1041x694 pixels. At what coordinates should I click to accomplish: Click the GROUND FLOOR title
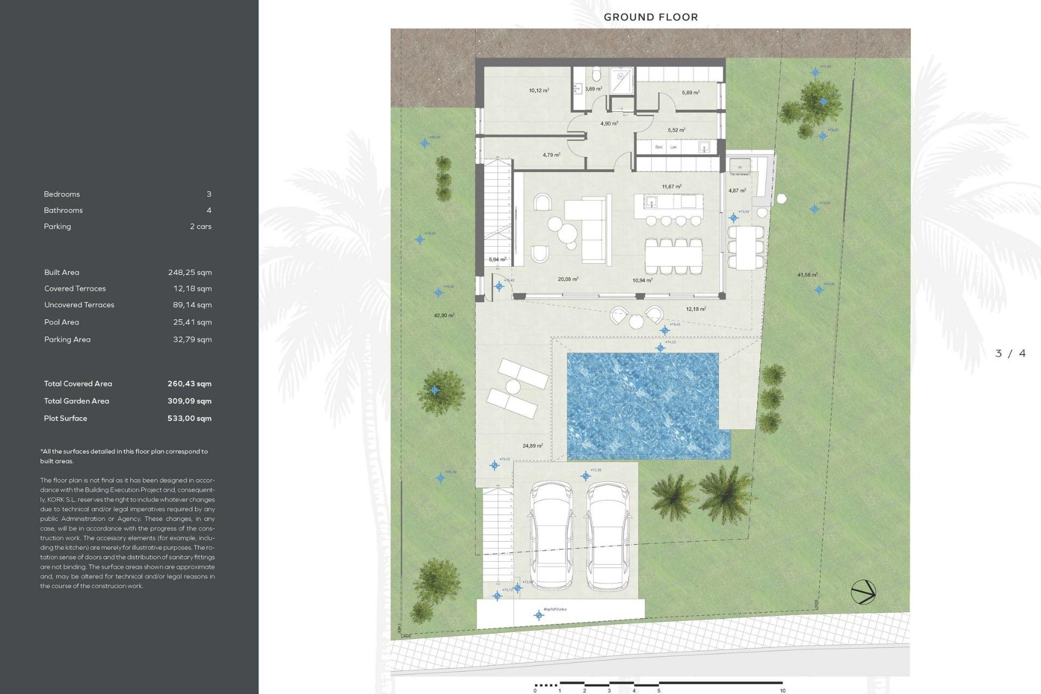(651, 17)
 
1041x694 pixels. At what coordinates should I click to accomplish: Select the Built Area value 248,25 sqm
(190, 272)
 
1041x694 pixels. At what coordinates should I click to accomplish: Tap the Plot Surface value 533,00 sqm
(189, 418)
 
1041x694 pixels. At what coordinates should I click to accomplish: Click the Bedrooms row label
(62, 194)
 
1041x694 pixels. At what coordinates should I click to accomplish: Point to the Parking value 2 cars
(201, 226)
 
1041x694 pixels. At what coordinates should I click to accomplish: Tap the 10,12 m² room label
(539, 91)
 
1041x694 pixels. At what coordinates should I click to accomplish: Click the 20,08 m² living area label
(568, 279)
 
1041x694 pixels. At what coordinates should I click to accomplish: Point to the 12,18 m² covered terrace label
(696, 309)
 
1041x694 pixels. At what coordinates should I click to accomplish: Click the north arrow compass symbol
(863, 592)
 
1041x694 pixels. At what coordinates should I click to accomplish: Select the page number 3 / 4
(1010, 354)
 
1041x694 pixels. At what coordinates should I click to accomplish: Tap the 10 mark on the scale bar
(782, 690)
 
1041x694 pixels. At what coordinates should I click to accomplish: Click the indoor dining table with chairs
(673, 256)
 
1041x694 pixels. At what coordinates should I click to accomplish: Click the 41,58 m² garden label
(807, 275)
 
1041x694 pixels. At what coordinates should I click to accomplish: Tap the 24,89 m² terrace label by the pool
(532, 446)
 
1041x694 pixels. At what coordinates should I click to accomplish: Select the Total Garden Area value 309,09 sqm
(189, 401)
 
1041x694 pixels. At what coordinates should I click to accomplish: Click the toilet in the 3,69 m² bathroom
(596, 74)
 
